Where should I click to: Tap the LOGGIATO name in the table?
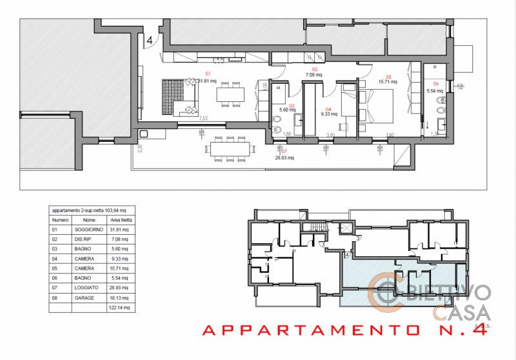pos(85,288)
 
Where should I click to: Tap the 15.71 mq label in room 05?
pos(387,82)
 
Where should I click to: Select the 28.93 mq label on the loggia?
pos(284,157)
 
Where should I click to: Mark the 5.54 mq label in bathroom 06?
pos(435,92)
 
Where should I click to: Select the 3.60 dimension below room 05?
pos(389,134)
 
